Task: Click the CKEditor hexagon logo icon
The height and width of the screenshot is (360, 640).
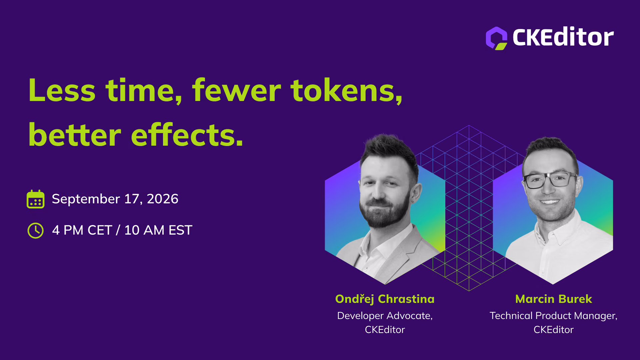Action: pos(496,38)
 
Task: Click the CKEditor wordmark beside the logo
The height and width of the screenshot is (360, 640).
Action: pos(563,37)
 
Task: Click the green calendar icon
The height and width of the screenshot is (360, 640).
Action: pos(35,199)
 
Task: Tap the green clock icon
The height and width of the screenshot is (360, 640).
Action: pos(35,231)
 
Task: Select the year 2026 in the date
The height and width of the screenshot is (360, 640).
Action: pos(163,199)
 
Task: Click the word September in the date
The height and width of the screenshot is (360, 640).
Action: pos(86,199)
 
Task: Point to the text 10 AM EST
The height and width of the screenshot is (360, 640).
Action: pos(158,230)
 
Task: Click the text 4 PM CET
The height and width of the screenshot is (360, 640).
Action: pos(82,230)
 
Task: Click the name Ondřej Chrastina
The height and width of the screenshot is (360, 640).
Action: pos(385,299)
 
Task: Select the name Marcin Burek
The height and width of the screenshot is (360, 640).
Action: pos(554,299)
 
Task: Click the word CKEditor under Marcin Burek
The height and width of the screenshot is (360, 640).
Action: pos(554,330)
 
